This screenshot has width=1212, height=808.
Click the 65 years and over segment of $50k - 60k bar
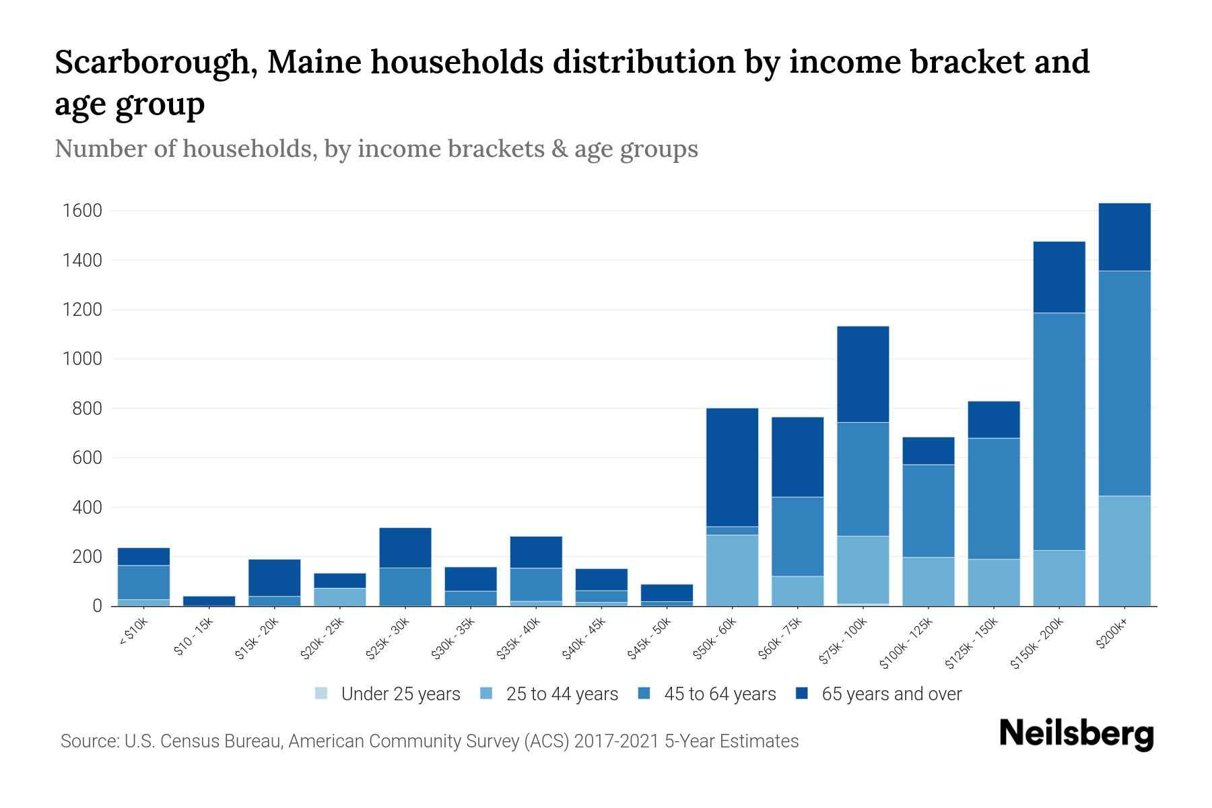tap(732, 467)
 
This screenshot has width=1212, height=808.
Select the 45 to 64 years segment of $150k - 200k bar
tap(1059, 431)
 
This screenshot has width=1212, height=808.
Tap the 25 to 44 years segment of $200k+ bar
tap(1124, 550)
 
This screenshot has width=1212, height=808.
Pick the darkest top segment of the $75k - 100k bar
tap(863, 374)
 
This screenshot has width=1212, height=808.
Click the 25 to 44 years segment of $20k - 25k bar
tap(340, 597)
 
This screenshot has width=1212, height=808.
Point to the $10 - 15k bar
tap(209, 601)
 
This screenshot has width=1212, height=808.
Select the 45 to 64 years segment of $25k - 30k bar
tap(405, 586)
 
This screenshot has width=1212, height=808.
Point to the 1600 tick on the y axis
tap(82, 211)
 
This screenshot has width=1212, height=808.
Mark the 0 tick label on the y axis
tap(97, 606)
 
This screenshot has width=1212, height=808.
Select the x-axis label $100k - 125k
tap(907, 642)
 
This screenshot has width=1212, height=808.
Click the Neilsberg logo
tap(1076, 733)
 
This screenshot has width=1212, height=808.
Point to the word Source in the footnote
tap(88, 741)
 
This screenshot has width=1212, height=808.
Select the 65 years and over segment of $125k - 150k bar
tap(993, 419)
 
